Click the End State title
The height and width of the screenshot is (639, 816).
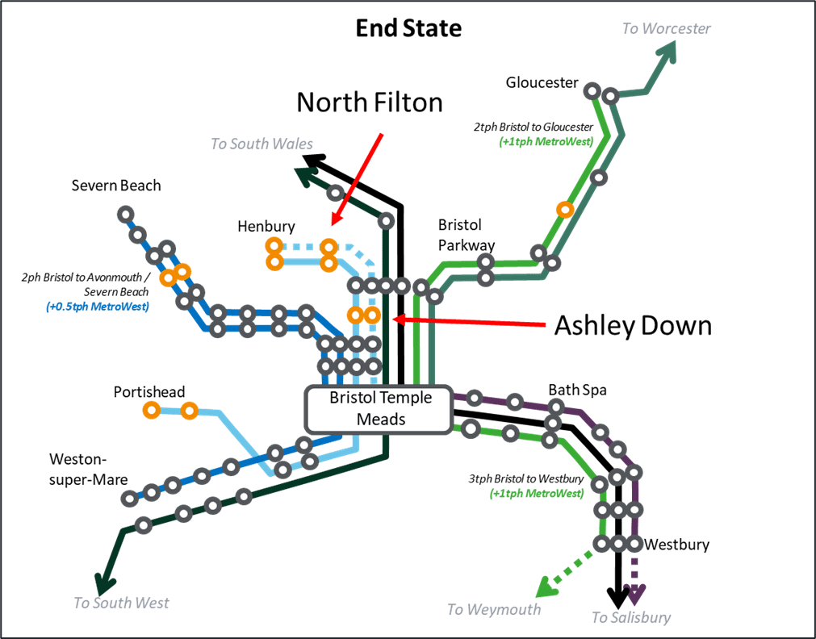coord(408,29)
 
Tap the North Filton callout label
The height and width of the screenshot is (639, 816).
coord(370,102)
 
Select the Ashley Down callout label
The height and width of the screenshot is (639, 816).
coord(632,325)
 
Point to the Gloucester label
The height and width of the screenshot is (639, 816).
coord(542,82)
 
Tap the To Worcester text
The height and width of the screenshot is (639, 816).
coord(666,28)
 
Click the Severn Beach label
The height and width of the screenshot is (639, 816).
coord(116,186)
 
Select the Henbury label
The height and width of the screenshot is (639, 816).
coord(266,227)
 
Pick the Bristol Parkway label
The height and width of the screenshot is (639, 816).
coord(467,234)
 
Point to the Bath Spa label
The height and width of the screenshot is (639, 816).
coord(577,390)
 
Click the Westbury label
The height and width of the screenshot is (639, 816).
coord(676,545)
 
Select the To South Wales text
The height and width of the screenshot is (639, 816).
coord(262,144)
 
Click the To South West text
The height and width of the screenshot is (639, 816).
coord(121,603)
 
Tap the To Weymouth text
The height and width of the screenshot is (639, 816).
coord(494,609)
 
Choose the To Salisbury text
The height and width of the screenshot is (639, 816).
coord(631,618)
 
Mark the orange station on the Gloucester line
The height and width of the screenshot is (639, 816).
coord(565,210)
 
